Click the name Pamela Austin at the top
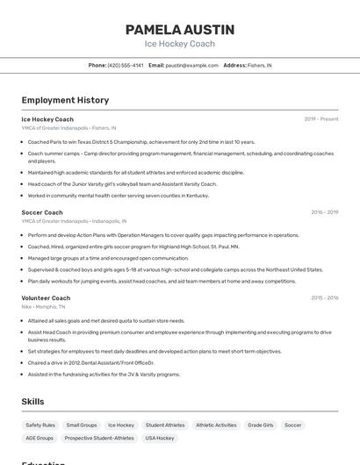[179, 29]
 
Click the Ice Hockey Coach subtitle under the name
[179, 43]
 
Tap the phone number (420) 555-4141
[126, 65]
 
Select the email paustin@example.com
[192, 65]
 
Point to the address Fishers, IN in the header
[259, 65]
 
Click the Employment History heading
[65, 100]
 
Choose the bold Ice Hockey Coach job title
[47, 119]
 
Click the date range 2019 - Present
[320, 119]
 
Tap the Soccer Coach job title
[42, 212]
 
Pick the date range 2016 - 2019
[324, 212]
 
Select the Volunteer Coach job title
[46, 298]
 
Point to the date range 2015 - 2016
[324, 298]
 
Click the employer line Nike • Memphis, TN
[44, 307]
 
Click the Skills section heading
[33, 401]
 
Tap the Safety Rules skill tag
[40, 425]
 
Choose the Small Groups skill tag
[82, 425]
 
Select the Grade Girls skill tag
[260, 425]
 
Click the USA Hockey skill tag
[160, 438]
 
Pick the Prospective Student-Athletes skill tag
[99, 438]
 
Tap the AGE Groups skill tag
[40, 438]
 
